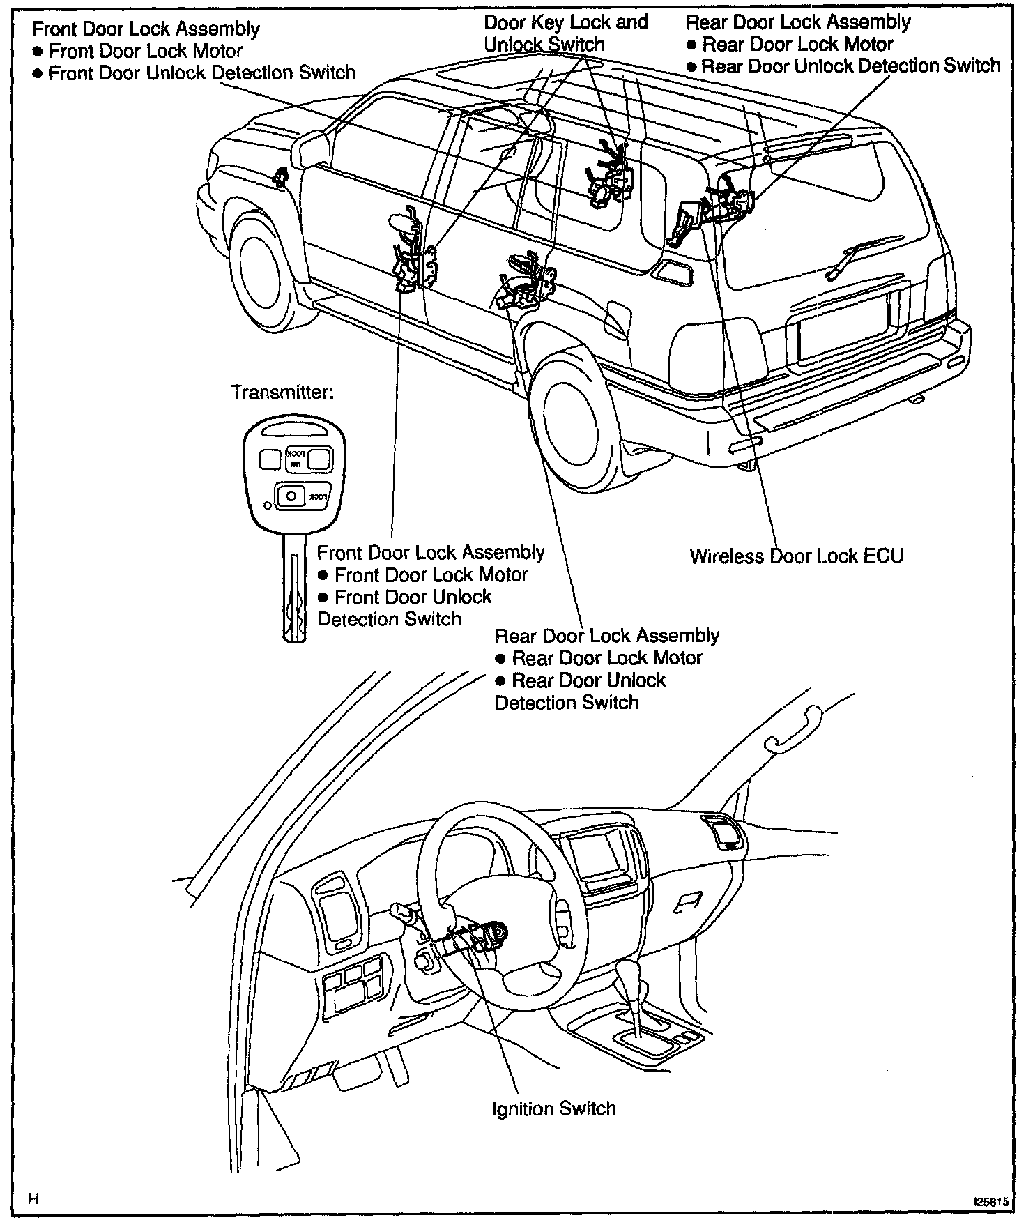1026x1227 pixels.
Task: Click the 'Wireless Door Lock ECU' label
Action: [x=796, y=556]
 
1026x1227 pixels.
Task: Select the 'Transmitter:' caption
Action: [x=282, y=393]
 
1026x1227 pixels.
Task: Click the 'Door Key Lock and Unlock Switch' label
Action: [x=565, y=33]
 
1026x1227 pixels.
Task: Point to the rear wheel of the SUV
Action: [x=569, y=416]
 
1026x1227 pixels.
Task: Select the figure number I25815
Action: [x=990, y=1203]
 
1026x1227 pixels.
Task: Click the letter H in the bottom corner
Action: [x=33, y=1198]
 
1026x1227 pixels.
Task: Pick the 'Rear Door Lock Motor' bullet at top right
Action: [x=797, y=45]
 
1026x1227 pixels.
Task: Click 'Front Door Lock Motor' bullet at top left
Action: [x=145, y=51]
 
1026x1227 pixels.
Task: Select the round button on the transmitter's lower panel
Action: [x=291, y=496]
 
